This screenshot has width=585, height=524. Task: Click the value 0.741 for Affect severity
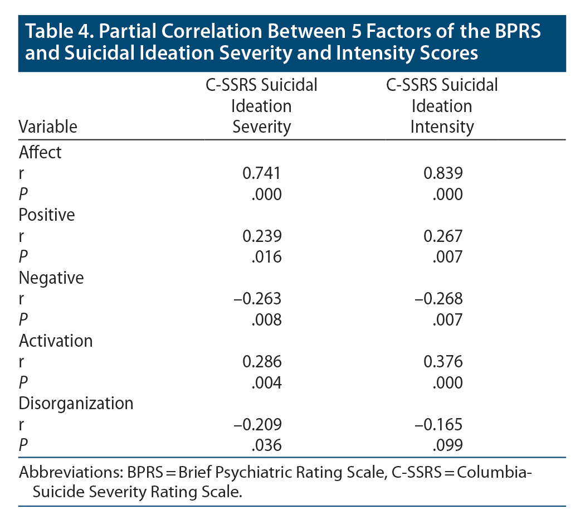(262, 174)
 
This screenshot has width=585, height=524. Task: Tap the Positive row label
(47, 215)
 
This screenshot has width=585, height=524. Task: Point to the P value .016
(266, 257)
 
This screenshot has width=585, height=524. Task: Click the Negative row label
(51, 278)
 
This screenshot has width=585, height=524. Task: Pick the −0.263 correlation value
(257, 299)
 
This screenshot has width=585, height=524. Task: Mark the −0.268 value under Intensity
(438, 299)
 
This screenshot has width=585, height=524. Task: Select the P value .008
(266, 319)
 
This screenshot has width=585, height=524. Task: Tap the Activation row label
(56, 340)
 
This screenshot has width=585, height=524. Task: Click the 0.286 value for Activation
(262, 361)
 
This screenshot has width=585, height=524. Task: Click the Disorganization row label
(76, 402)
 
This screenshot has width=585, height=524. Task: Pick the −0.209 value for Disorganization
(257, 424)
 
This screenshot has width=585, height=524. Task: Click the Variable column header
(48, 127)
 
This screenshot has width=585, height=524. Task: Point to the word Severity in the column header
(261, 127)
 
